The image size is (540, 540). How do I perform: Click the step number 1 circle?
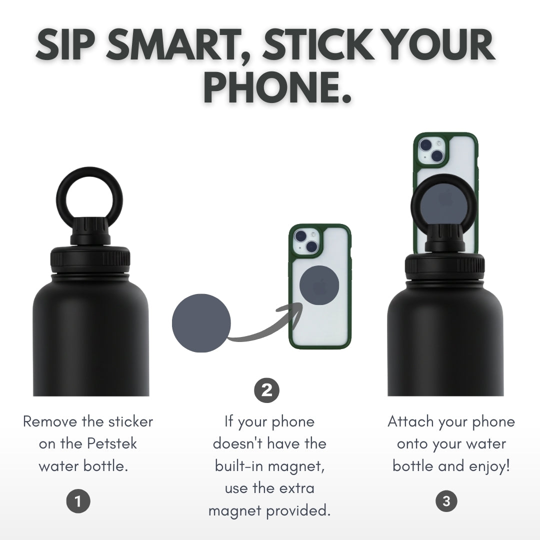78,501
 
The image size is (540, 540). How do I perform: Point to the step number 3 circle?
446,501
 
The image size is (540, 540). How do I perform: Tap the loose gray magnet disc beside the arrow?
201,323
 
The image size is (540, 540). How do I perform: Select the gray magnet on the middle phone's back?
319,285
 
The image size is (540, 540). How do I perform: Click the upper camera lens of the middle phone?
300,236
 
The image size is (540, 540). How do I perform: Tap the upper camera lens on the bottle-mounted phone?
426,145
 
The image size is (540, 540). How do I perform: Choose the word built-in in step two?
241,465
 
